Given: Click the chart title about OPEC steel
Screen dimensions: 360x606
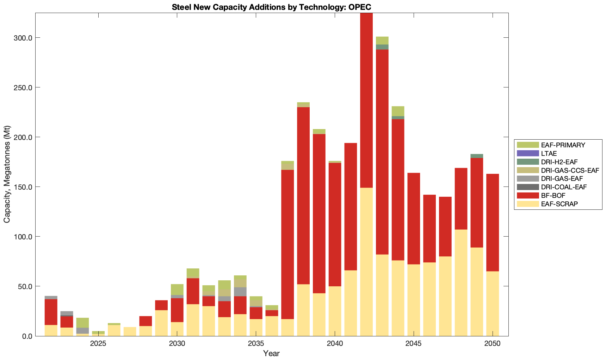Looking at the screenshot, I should pyautogui.click(x=271, y=7).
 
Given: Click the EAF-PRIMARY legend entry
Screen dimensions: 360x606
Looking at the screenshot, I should pyautogui.click(x=563, y=145).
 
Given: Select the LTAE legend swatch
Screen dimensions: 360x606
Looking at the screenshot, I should pyautogui.click(x=528, y=153).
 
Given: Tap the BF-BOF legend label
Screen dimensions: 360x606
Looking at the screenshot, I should pyautogui.click(x=553, y=195).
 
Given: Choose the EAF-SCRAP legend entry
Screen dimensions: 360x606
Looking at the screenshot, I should pyautogui.click(x=559, y=204).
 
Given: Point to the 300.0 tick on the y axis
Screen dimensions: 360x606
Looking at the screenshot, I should pyautogui.click(x=24, y=38).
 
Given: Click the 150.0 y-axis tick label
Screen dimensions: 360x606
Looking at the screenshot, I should pyautogui.click(x=24, y=187).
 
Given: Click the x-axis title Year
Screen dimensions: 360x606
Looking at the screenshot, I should pyautogui.click(x=271, y=353).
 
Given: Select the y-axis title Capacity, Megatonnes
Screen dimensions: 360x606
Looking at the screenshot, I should pyautogui.click(x=7, y=174).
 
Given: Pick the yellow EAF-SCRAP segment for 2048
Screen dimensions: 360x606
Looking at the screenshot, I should pyautogui.click(x=461, y=282).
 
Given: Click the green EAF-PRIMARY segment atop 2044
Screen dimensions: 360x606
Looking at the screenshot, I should pyautogui.click(x=398, y=111).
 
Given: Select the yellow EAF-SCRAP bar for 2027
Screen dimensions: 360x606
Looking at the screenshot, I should pyautogui.click(x=130, y=331).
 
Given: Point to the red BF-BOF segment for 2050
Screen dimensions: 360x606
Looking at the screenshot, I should pyautogui.click(x=493, y=222).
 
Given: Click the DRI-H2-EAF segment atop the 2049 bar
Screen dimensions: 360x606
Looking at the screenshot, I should pyautogui.click(x=477, y=156).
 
